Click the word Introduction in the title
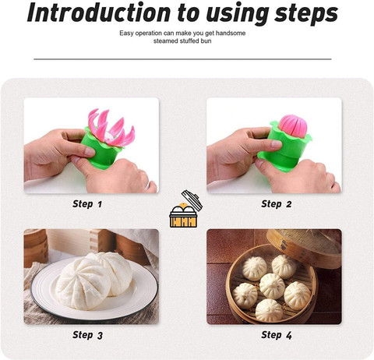point(98,12)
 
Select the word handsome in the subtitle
point(231,34)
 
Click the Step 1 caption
point(87,204)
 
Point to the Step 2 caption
point(277,204)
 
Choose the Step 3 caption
point(87,335)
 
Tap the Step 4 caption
point(277,335)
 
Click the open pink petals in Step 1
point(111,127)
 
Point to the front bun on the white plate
point(83,284)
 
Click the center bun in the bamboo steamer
point(272,286)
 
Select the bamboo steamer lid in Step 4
point(305,247)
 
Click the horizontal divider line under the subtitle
point(182,59)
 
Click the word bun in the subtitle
point(206,41)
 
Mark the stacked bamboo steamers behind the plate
point(36,248)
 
